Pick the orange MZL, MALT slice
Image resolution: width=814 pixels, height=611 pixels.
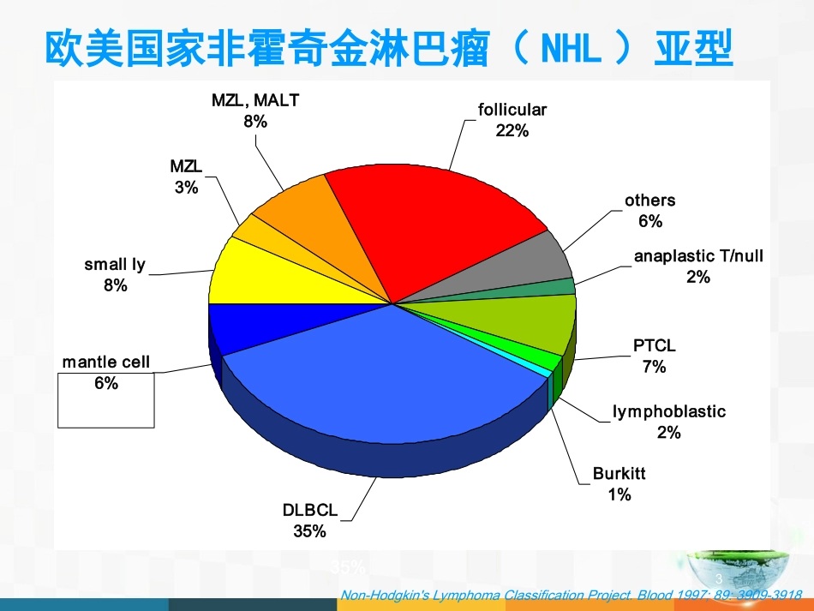296,210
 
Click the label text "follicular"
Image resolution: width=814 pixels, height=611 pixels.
512,110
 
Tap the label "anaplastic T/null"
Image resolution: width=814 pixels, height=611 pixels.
697,255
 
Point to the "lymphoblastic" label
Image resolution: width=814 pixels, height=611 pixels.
668,411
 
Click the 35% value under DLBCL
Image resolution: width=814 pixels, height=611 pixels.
310,531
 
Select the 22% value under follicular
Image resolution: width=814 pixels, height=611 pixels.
512,131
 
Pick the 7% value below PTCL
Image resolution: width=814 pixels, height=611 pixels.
654,367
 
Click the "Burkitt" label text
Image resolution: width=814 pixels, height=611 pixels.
619,474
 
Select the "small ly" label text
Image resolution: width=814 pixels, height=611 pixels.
115,265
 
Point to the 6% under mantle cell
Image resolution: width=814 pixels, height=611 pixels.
106,384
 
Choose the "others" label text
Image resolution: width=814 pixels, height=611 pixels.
649,201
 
